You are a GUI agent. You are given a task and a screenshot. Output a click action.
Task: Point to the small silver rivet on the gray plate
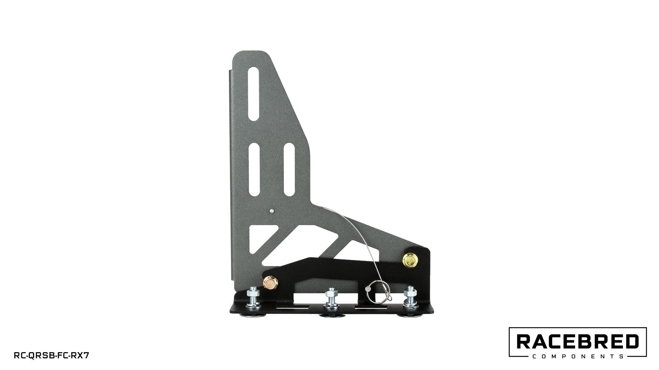pos(271,211)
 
